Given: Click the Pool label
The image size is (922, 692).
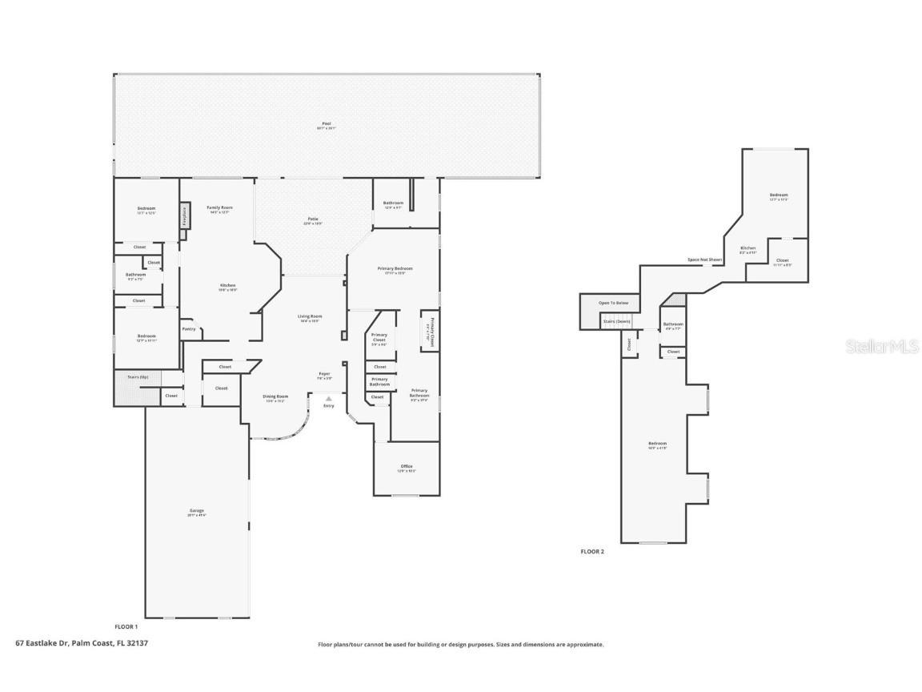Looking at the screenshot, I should pyautogui.click(x=326, y=123).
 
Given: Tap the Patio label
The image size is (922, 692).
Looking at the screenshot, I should pyautogui.click(x=313, y=219).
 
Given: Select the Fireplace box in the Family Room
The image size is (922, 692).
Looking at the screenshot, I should pyautogui.click(x=184, y=215).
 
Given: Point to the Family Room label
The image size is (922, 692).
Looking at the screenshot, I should pyautogui.click(x=219, y=207).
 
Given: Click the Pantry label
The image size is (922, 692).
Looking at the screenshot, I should pyautogui.click(x=189, y=328).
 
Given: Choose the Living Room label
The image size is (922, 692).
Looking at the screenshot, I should pyautogui.click(x=310, y=316).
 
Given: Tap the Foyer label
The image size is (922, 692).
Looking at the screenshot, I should pyautogui.click(x=324, y=373).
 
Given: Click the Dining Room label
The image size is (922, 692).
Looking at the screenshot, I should pyautogui.click(x=275, y=396).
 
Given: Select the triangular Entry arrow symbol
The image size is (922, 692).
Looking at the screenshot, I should pyautogui.click(x=328, y=398).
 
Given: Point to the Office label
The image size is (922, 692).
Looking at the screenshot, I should pyautogui.click(x=407, y=466).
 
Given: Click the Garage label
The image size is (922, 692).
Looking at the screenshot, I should pyautogui.click(x=196, y=510).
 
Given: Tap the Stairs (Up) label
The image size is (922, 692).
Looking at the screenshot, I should pyautogui.click(x=138, y=376).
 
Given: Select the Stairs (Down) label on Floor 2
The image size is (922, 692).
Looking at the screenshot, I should pyautogui.click(x=616, y=321).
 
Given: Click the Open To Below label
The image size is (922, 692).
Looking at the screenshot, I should pyautogui.click(x=613, y=303).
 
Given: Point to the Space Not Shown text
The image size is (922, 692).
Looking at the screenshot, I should pyautogui.click(x=704, y=259).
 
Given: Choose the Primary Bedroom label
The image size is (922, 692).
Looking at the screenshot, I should pyautogui.click(x=395, y=268).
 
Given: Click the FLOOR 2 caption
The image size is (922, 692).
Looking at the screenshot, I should pyautogui.click(x=592, y=551).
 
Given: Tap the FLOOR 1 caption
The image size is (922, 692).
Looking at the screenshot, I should pyautogui.click(x=126, y=626).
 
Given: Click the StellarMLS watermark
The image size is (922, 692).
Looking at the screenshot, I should pyautogui.click(x=883, y=347).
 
